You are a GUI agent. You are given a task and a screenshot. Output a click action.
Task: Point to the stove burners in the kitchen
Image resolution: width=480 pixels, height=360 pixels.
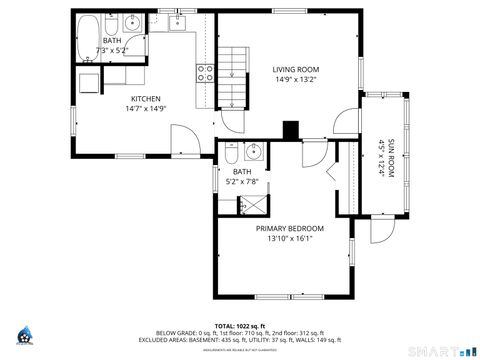pyautogui.click(x=205, y=72)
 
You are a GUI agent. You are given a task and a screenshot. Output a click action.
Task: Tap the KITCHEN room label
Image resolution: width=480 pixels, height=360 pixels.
pyautogui.click(x=145, y=99)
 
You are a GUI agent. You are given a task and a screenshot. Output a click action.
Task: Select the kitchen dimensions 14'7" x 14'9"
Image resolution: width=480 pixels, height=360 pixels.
pyautogui.click(x=145, y=109)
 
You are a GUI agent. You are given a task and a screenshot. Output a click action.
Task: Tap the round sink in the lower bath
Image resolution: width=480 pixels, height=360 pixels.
pyautogui.click(x=253, y=152)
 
